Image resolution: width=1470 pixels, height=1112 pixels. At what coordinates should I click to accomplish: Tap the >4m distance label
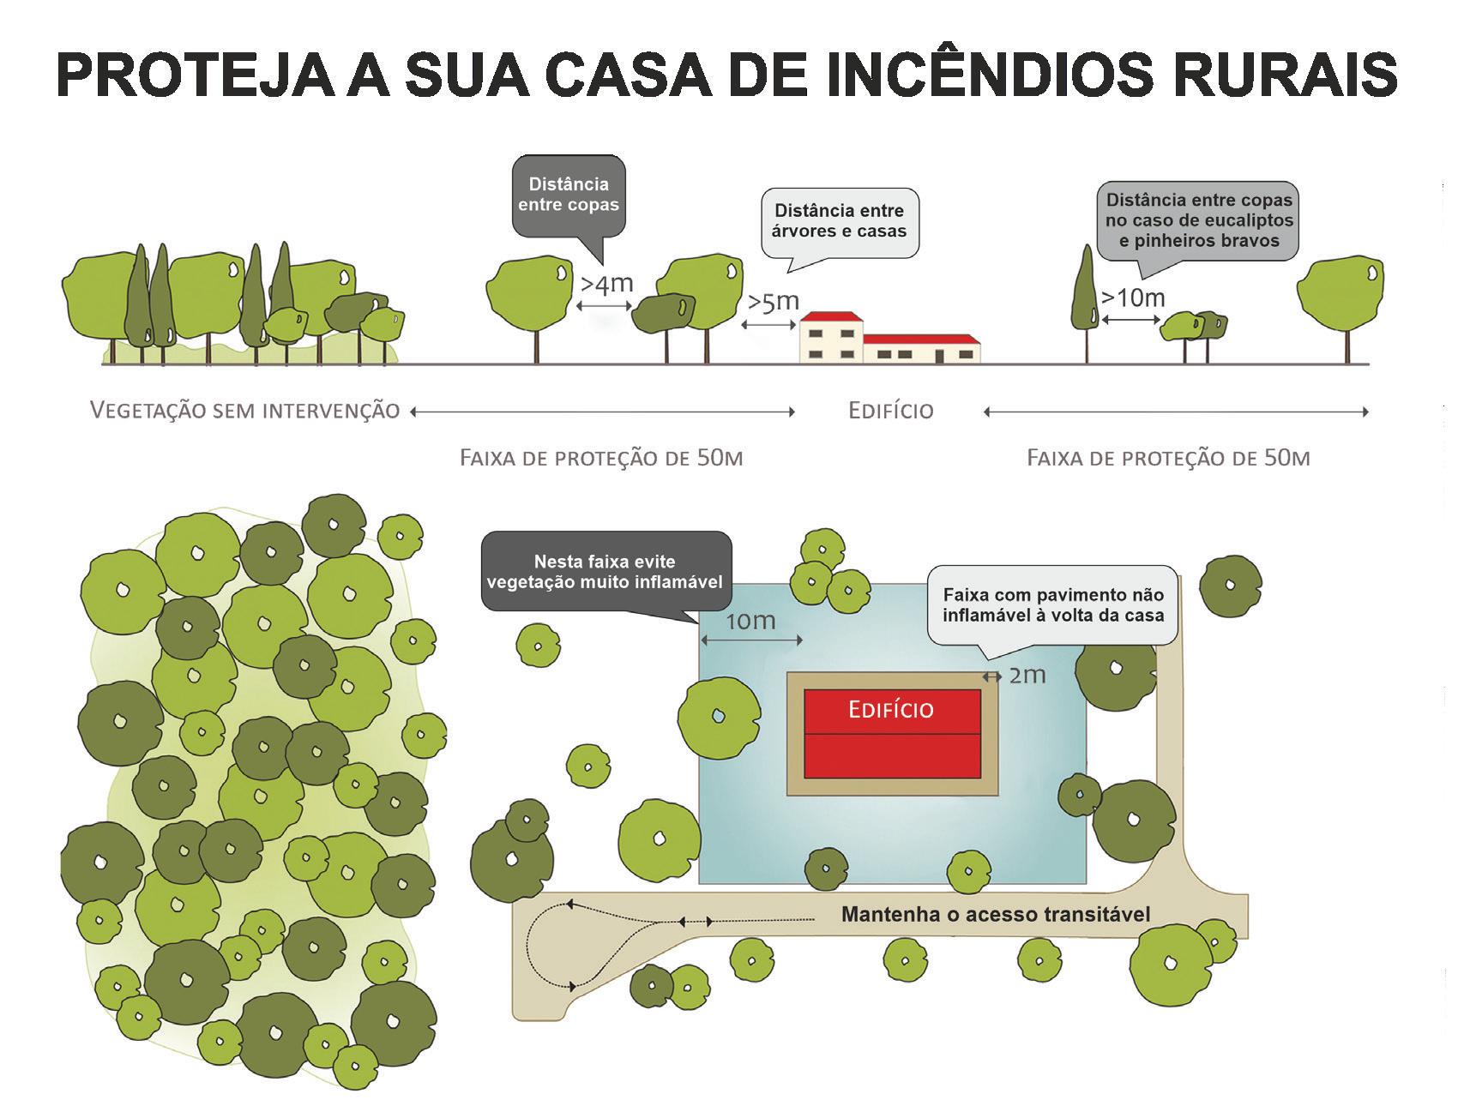click(606, 284)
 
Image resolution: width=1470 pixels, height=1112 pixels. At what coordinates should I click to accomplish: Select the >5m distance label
click(773, 302)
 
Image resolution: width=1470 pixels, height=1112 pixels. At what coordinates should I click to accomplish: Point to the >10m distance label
click(1133, 298)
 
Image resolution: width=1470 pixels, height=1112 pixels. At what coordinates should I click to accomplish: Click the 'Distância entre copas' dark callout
click(569, 195)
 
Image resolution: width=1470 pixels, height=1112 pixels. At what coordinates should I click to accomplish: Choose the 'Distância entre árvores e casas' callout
click(839, 220)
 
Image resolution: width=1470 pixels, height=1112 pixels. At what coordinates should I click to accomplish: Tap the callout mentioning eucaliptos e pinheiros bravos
click(1198, 220)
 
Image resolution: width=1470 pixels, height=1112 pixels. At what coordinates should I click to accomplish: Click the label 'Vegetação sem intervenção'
click(245, 411)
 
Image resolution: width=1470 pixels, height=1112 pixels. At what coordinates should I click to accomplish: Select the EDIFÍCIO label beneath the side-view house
click(890, 412)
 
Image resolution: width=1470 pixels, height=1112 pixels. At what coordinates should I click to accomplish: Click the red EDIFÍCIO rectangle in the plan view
click(892, 734)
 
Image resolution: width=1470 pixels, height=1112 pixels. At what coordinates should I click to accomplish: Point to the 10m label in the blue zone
click(750, 621)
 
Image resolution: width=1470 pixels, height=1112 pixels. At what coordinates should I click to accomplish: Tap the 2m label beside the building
click(1027, 676)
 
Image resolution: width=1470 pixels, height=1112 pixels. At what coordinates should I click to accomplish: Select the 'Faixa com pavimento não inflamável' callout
click(1052, 604)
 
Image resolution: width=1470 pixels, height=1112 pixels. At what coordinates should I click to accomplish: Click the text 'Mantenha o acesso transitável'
click(996, 914)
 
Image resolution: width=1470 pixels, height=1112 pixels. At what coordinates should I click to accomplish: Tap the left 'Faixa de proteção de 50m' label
click(601, 458)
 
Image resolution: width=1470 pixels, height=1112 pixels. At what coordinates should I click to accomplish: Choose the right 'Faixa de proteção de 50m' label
click(1168, 458)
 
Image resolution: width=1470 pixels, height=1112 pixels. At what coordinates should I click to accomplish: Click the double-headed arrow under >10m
click(1131, 320)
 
